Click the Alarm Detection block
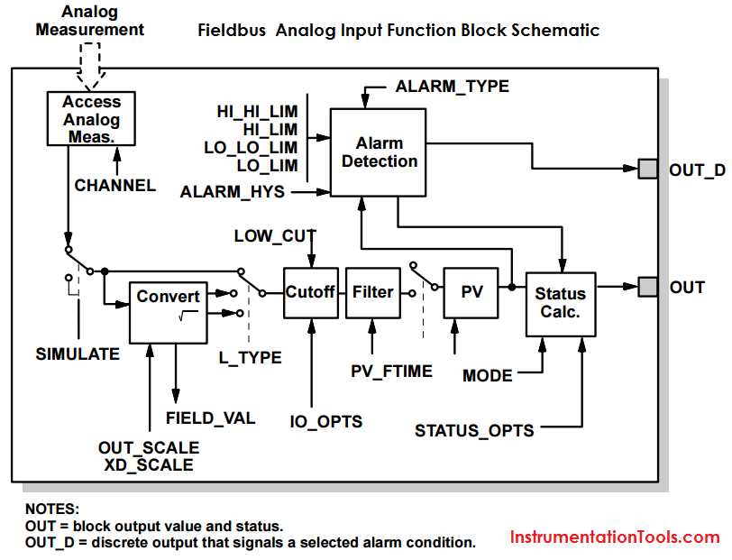click(x=378, y=152)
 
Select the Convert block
click(x=168, y=312)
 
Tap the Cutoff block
click(x=311, y=293)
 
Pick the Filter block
click(x=373, y=293)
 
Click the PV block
click(x=471, y=293)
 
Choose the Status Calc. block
click(x=561, y=304)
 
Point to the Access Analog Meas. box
click(x=92, y=119)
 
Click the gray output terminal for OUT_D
click(x=648, y=169)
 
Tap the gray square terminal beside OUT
click(x=648, y=286)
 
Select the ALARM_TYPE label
click(x=452, y=87)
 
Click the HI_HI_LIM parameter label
click(x=257, y=111)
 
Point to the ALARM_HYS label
click(x=233, y=192)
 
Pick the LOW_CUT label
click(x=275, y=236)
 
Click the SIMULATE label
click(x=78, y=354)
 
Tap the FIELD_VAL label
click(x=211, y=418)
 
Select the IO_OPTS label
click(x=325, y=422)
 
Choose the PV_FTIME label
click(x=391, y=372)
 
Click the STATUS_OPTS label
click(x=474, y=431)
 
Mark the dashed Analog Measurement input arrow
click(x=90, y=66)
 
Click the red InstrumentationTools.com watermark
click(x=615, y=537)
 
